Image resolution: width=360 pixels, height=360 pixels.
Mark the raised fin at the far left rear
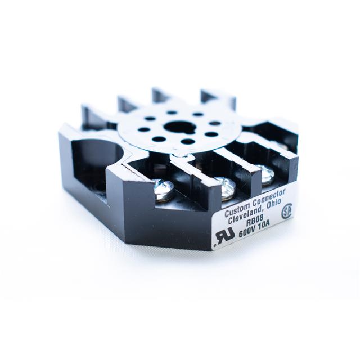point(90,112)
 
